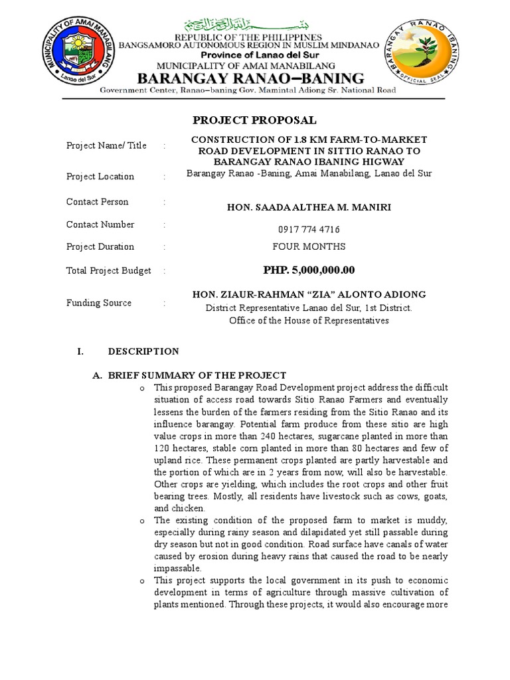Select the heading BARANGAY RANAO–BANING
tap(250, 78)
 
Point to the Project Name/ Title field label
tap(106, 145)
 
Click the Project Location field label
tap(100, 176)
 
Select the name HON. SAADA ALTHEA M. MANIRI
tap(309, 207)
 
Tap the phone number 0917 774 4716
tap(309, 230)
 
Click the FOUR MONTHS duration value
tap(309, 246)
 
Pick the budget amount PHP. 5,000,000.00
tap(309, 270)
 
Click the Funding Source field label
tap(99, 303)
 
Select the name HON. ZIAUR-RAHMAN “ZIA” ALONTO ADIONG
tap(309, 294)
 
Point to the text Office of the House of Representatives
tap(309, 320)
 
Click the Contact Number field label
tap(100, 224)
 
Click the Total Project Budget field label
tap(109, 270)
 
